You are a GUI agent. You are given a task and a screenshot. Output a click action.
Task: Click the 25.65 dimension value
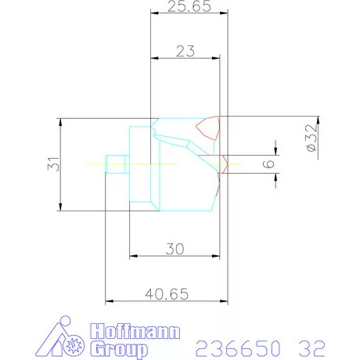[x=185, y=9]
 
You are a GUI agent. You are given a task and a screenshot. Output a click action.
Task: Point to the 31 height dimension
[x=52, y=164]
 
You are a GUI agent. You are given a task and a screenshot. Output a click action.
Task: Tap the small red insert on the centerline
[x=223, y=163]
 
